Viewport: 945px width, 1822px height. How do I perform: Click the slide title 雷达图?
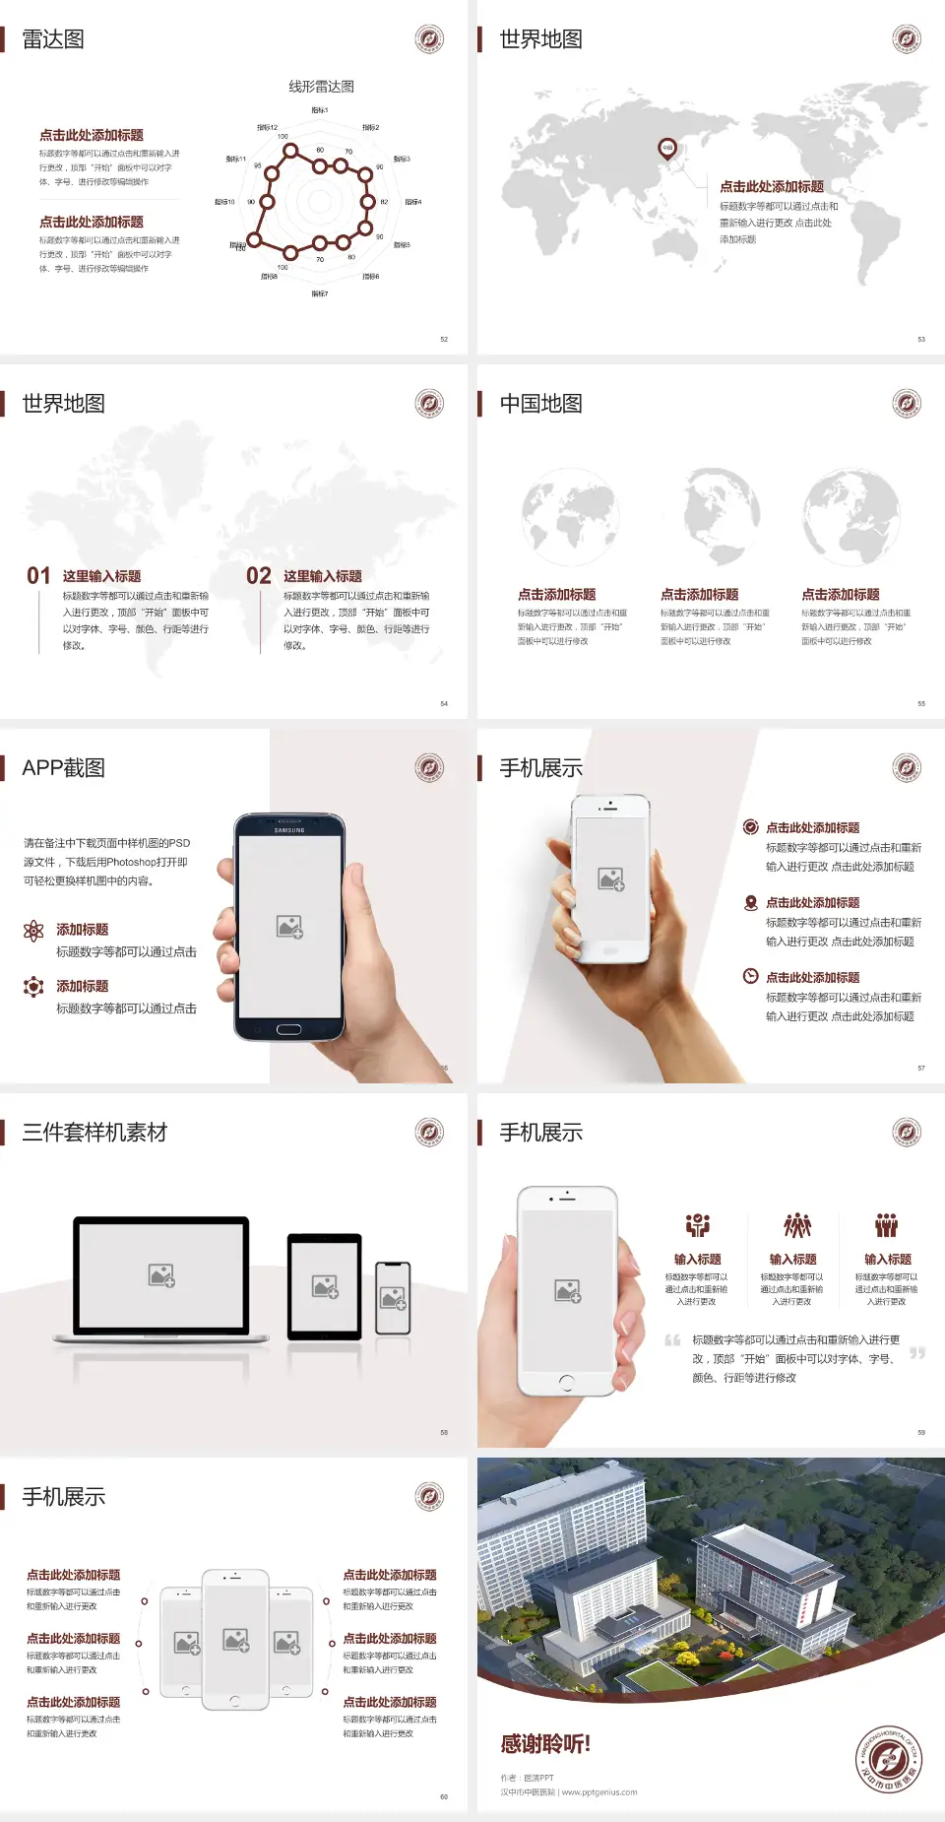pos(53,39)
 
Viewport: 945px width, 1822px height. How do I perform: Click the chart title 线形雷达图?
pos(321,87)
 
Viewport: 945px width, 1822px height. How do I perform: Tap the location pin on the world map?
pos(667,149)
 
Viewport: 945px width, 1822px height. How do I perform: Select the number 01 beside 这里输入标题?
pos(38,576)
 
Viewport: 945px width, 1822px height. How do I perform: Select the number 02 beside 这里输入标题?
pos(259,576)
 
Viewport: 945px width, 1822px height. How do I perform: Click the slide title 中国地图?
pos(540,404)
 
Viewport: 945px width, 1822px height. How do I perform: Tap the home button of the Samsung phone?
pos(288,1029)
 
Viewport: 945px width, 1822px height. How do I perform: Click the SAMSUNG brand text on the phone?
pos(289,830)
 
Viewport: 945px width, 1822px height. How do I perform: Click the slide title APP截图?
pos(63,768)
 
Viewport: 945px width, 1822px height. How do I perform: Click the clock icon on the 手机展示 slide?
pos(750,976)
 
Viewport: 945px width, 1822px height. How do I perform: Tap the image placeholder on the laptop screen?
pos(161,1275)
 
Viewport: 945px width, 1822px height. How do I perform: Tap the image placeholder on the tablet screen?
pos(325,1286)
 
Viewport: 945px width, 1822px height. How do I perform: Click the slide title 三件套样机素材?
pos(94,1133)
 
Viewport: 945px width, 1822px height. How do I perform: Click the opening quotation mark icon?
pos(672,1340)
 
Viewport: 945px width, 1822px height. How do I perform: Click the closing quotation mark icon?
pos(917,1353)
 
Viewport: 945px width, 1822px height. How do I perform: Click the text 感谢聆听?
pos(545,1744)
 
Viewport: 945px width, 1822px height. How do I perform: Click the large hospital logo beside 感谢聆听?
pos(888,1760)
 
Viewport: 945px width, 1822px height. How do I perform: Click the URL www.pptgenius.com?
pos(599,1792)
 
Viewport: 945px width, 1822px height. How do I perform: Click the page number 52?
pos(444,339)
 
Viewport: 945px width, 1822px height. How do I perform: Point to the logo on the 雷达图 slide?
pos(429,39)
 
